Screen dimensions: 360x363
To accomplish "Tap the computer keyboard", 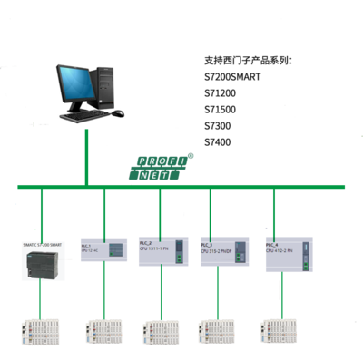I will pyautogui.click(x=83, y=116).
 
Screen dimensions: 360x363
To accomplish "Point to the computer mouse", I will pyautogui.click(x=117, y=114).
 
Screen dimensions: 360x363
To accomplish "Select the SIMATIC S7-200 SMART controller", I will pyautogui.click(x=42, y=260).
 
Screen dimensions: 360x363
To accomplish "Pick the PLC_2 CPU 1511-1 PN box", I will pyautogui.click(x=162, y=251).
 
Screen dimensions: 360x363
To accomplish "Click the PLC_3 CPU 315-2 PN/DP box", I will pyautogui.click(x=223, y=251).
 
